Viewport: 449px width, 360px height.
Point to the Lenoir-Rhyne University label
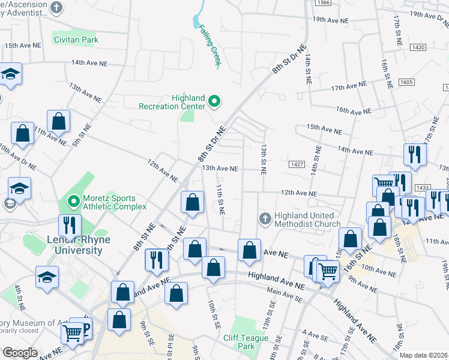pyautogui.click(x=74, y=245)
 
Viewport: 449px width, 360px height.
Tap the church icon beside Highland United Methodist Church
pyautogui.click(x=265, y=219)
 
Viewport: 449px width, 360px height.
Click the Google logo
pyautogui.click(x=20, y=353)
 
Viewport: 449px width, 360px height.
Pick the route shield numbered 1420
pyautogui.click(x=418, y=47)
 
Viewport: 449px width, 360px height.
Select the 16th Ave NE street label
pyautogui.click(x=354, y=111)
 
